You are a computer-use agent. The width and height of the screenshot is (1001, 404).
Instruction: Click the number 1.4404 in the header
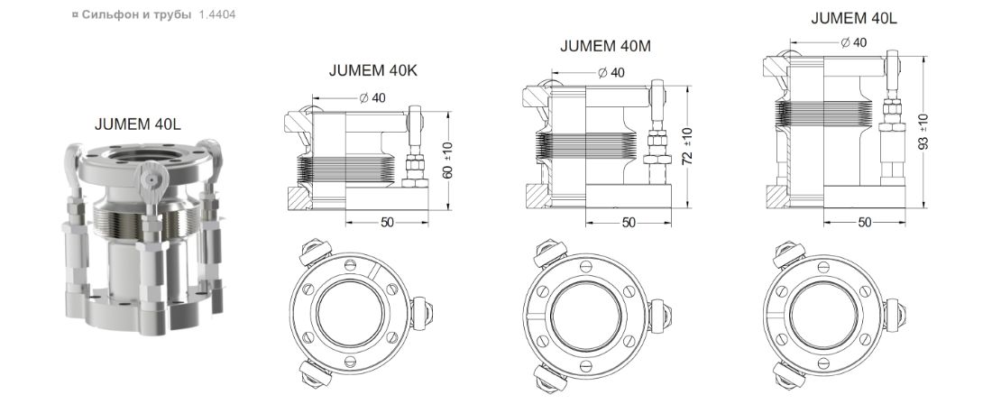point(217,14)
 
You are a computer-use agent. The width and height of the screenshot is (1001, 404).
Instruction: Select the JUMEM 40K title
point(373,70)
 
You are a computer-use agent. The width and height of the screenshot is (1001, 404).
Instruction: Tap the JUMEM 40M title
point(606,47)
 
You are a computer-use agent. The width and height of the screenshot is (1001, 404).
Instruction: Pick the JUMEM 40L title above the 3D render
point(138,124)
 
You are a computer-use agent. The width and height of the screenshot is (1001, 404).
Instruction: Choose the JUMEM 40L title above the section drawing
point(854,19)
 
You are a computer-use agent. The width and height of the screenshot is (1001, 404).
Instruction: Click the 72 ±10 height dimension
point(687,146)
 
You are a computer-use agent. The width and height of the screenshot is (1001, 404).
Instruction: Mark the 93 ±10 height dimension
point(923,132)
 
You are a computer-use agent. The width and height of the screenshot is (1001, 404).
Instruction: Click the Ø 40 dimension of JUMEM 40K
point(372,97)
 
